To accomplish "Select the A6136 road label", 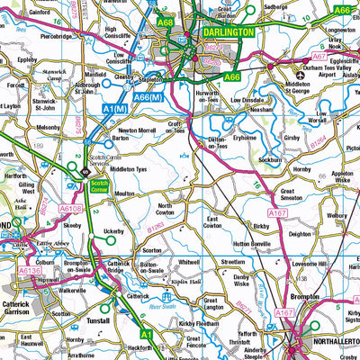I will tap(31, 269).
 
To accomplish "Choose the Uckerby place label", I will tap(113, 231).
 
